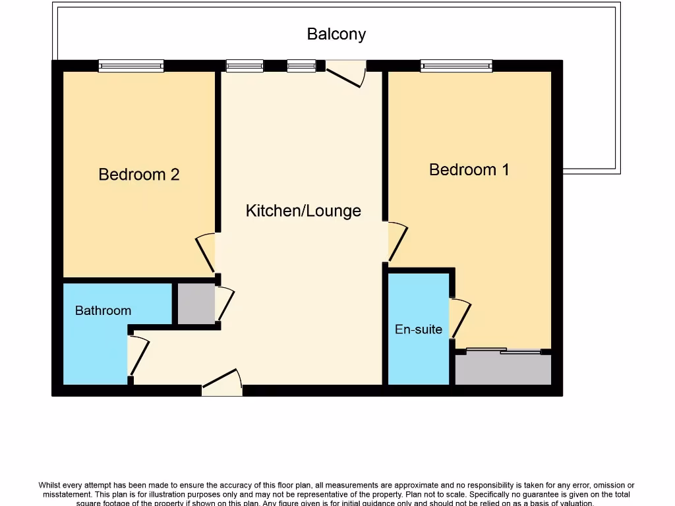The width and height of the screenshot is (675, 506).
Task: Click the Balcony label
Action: click(x=336, y=34)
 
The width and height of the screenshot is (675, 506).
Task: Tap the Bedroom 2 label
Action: click(x=138, y=175)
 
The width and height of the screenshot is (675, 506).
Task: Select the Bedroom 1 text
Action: click(x=469, y=170)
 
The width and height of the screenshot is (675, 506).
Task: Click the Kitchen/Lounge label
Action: click(x=303, y=211)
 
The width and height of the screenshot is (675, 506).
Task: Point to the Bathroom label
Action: click(x=103, y=310)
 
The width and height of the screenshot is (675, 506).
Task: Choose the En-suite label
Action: click(x=419, y=329)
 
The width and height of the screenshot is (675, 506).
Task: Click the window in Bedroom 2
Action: click(x=131, y=65)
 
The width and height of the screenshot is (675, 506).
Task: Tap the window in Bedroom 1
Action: click(x=456, y=65)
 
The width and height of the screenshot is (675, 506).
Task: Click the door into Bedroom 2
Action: click(x=206, y=252)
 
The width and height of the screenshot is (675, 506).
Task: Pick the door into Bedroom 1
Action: click(x=397, y=242)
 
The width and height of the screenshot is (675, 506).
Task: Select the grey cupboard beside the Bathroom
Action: click(x=196, y=304)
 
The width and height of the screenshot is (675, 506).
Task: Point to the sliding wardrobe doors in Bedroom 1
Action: click(x=503, y=351)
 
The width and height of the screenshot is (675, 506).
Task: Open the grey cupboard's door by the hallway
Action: click(x=225, y=304)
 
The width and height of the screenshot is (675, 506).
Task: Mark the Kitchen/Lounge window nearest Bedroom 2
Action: click(x=245, y=65)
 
